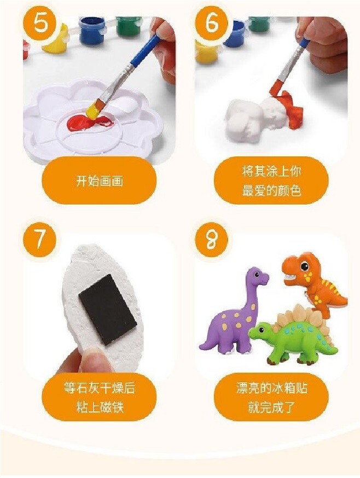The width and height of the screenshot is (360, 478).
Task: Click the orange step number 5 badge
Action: click(39, 24)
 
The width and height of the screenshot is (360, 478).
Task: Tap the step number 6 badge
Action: click(212, 24)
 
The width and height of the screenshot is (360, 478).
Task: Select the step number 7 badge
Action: click(39, 240)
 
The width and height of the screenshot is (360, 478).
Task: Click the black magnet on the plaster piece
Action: click(107, 309)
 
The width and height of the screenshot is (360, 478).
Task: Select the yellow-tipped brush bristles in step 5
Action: click(94, 110)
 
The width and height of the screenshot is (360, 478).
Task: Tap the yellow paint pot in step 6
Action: click(205, 53)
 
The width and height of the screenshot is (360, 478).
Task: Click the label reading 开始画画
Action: click(100, 181)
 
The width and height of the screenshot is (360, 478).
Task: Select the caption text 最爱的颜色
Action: click(271, 190)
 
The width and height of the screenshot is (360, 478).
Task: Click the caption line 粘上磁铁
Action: click(100, 407)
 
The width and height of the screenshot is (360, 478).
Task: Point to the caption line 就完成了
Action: click(271, 407)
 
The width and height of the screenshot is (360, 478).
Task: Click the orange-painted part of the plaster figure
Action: click(292, 110)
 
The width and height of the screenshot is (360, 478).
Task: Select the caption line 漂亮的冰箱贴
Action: click(271, 388)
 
